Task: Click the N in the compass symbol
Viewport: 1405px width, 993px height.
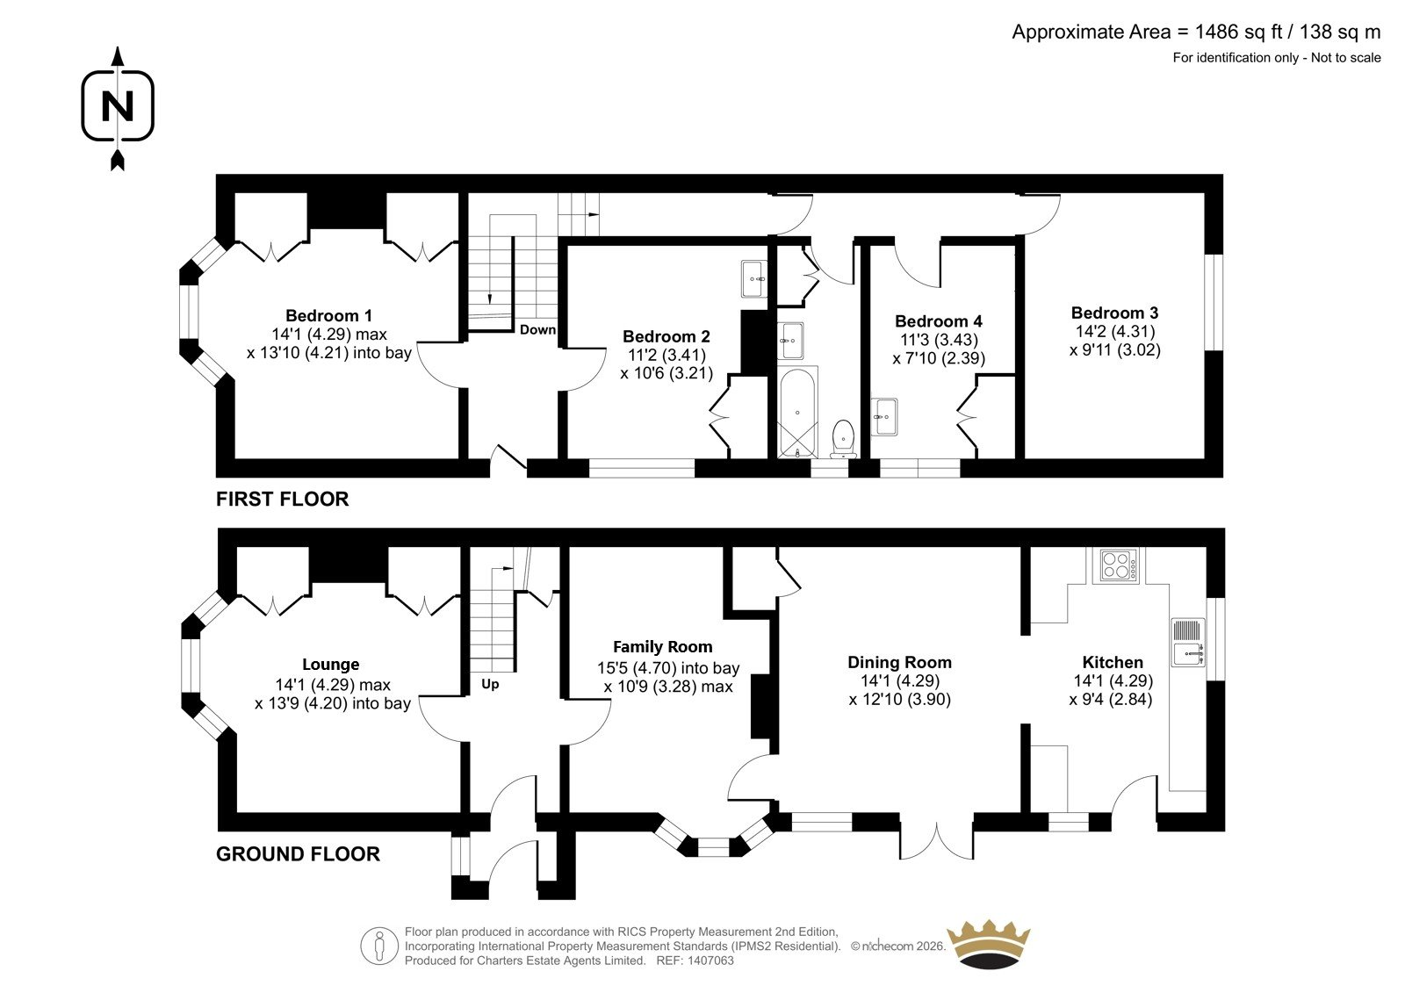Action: [118, 106]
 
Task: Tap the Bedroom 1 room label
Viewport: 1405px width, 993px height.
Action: [328, 315]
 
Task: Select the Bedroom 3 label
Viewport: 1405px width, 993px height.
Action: [1114, 313]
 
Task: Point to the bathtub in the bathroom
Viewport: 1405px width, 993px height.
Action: [797, 412]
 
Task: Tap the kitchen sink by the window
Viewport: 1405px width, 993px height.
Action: [1188, 642]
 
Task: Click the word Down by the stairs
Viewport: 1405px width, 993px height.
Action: [537, 330]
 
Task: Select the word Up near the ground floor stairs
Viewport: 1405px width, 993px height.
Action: [490, 684]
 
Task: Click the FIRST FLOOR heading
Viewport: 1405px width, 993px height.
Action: [282, 499]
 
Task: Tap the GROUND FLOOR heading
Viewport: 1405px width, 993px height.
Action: [298, 853]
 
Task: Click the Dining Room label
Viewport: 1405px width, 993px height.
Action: [899, 662]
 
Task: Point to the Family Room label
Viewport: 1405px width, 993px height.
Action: [662, 647]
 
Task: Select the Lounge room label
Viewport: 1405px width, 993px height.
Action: [330, 665]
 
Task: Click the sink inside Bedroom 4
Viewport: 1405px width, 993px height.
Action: [883, 416]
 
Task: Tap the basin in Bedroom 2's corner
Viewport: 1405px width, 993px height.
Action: [753, 278]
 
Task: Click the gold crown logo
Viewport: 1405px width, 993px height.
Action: [989, 945]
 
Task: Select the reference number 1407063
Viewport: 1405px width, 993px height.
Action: [710, 961]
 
